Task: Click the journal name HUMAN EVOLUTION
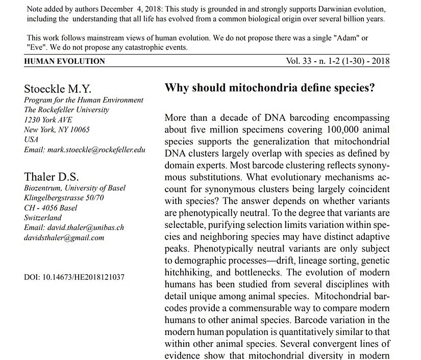pyautogui.click(x=65, y=61)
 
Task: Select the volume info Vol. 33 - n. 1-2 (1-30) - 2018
pyautogui.click(x=338, y=61)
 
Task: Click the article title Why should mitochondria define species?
pyautogui.click(x=270, y=87)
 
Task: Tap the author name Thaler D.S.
pyautogui.click(x=52, y=177)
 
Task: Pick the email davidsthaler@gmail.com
pyautogui.click(x=64, y=237)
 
